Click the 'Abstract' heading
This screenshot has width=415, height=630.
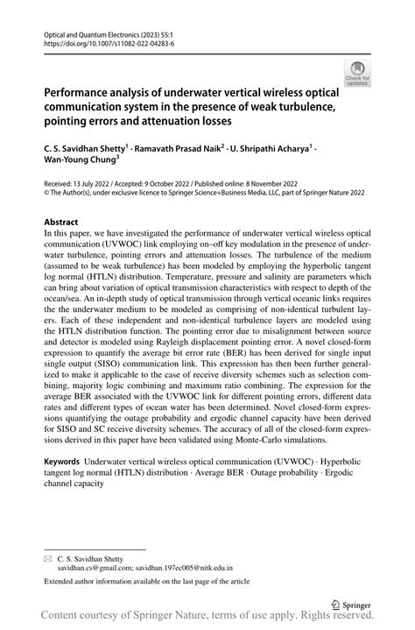61,223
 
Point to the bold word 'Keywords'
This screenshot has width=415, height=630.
67,461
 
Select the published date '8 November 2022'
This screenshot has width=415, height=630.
276,185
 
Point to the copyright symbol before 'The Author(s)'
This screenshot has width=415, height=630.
47,195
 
